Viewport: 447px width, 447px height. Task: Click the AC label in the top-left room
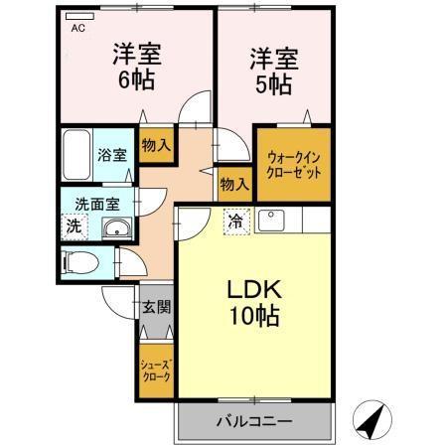(77, 29)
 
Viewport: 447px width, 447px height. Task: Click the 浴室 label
(111, 154)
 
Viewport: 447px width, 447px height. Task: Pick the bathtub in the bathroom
(77, 153)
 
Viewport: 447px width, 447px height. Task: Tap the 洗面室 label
(97, 204)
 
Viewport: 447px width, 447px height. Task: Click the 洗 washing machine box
(75, 226)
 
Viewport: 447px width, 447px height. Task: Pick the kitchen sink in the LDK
(270, 219)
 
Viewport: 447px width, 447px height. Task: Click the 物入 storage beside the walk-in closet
(232, 184)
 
